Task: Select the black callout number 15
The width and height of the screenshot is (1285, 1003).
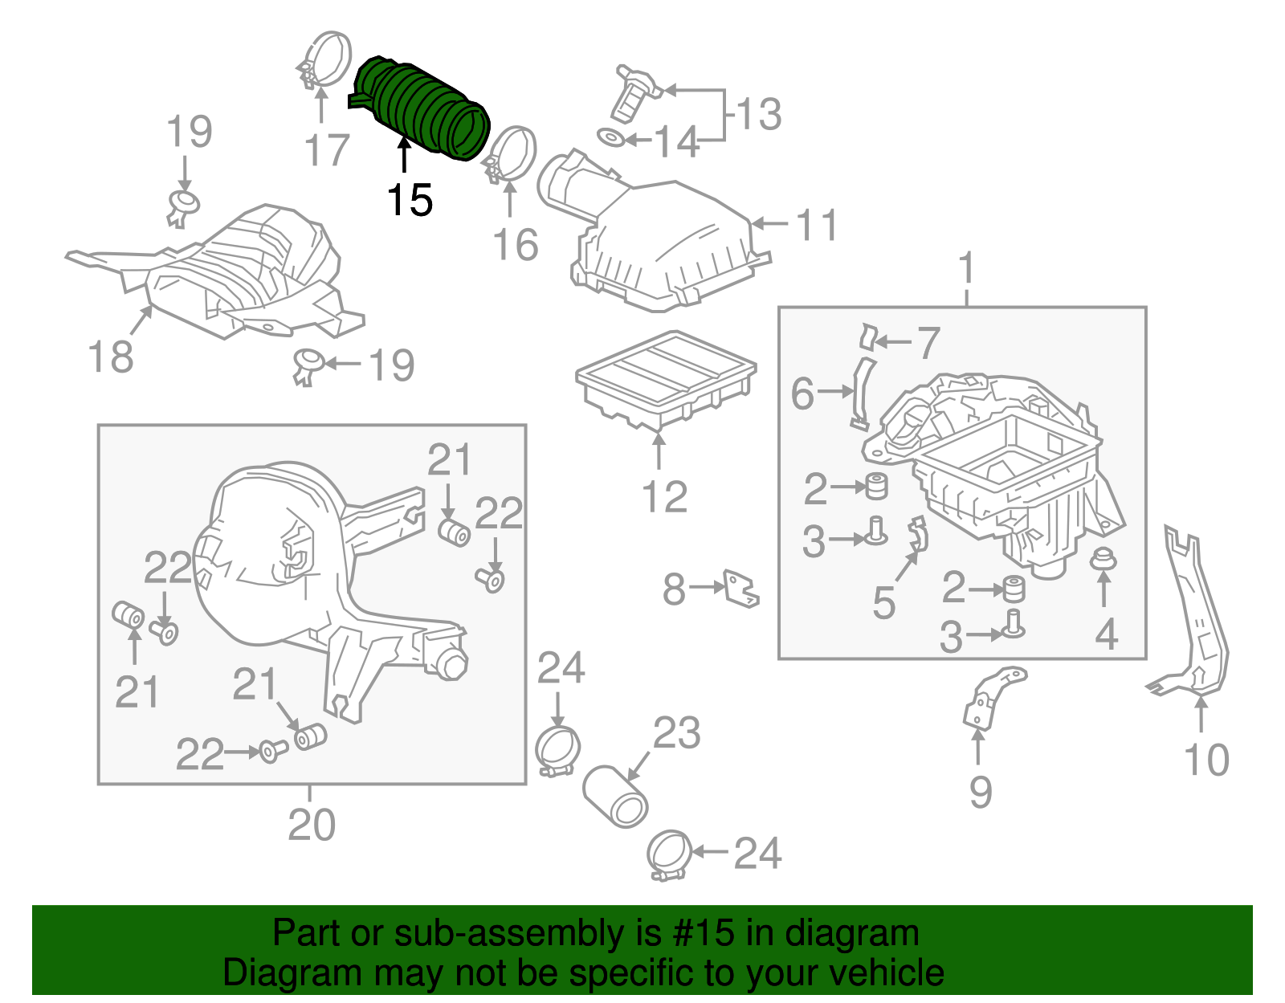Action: (x=410, y=200)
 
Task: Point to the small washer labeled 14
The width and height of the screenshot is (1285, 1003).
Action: (x=612, y=138)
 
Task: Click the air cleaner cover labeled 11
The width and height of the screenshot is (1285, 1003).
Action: (x=667, y=241)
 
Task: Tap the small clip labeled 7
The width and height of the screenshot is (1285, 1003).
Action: (x=867, y=337)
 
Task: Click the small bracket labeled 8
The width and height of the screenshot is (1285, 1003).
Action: (x=740, y=589)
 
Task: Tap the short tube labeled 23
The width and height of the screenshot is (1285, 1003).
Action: (x=616, y=797)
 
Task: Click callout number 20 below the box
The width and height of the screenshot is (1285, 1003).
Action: (x=312, y=825)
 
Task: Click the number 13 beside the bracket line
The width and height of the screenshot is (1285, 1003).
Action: (x=758, y=114)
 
